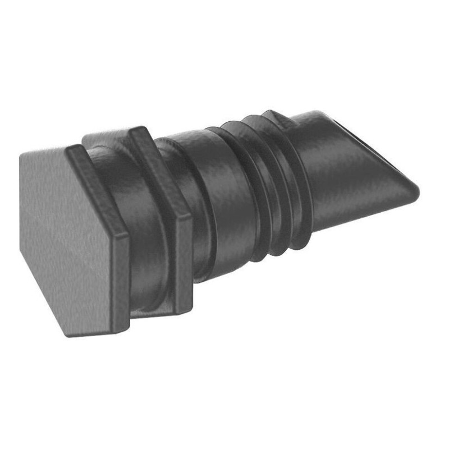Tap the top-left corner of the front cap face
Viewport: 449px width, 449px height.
coord(22,154)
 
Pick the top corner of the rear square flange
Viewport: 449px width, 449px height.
coord(135,130)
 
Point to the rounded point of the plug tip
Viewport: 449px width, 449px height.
coord(415,191)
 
